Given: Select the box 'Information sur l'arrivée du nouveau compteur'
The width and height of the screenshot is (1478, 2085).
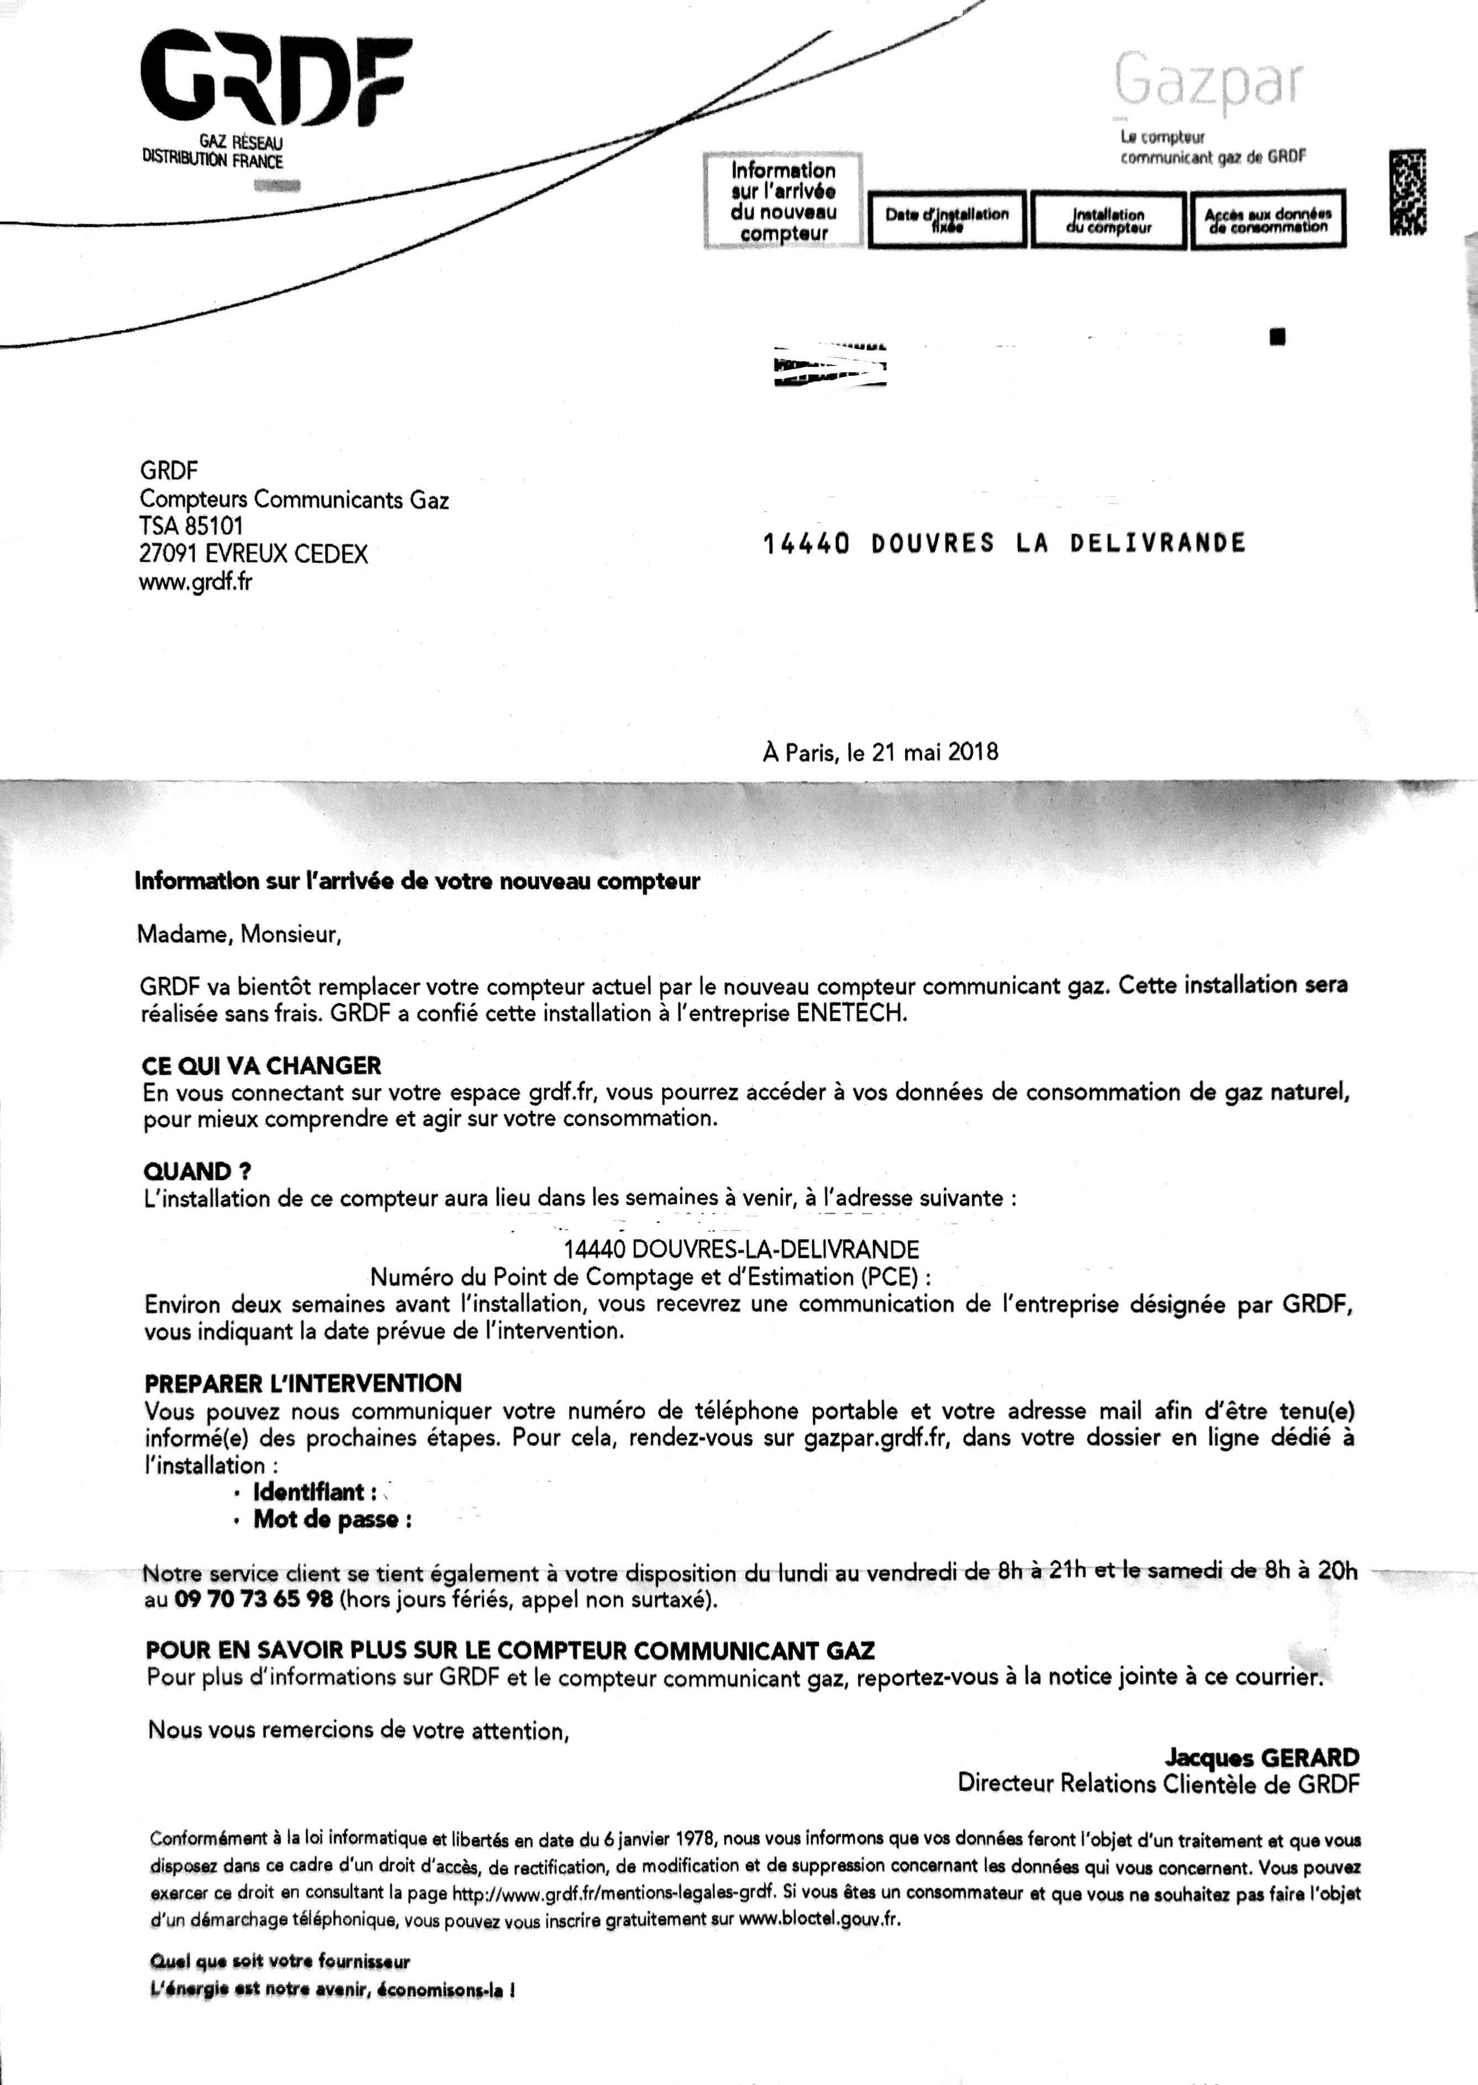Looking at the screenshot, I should point(783,201).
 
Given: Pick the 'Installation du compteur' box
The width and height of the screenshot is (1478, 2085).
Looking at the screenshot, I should point(1108,221).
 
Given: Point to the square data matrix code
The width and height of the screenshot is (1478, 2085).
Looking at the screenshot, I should point(1407,193).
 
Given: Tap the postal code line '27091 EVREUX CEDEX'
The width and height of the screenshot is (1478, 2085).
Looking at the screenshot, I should point(253,553).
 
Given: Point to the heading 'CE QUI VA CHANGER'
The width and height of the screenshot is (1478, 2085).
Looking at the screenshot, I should point(262,1065).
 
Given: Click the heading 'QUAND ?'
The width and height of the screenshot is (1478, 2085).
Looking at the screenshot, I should point(197,1171).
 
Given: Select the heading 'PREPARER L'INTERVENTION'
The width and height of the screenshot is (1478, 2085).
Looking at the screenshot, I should point(303,1383).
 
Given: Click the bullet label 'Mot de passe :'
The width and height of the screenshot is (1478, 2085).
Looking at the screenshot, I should point(332,1519).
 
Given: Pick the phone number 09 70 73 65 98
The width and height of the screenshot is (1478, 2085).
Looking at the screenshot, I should point(254,1600).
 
